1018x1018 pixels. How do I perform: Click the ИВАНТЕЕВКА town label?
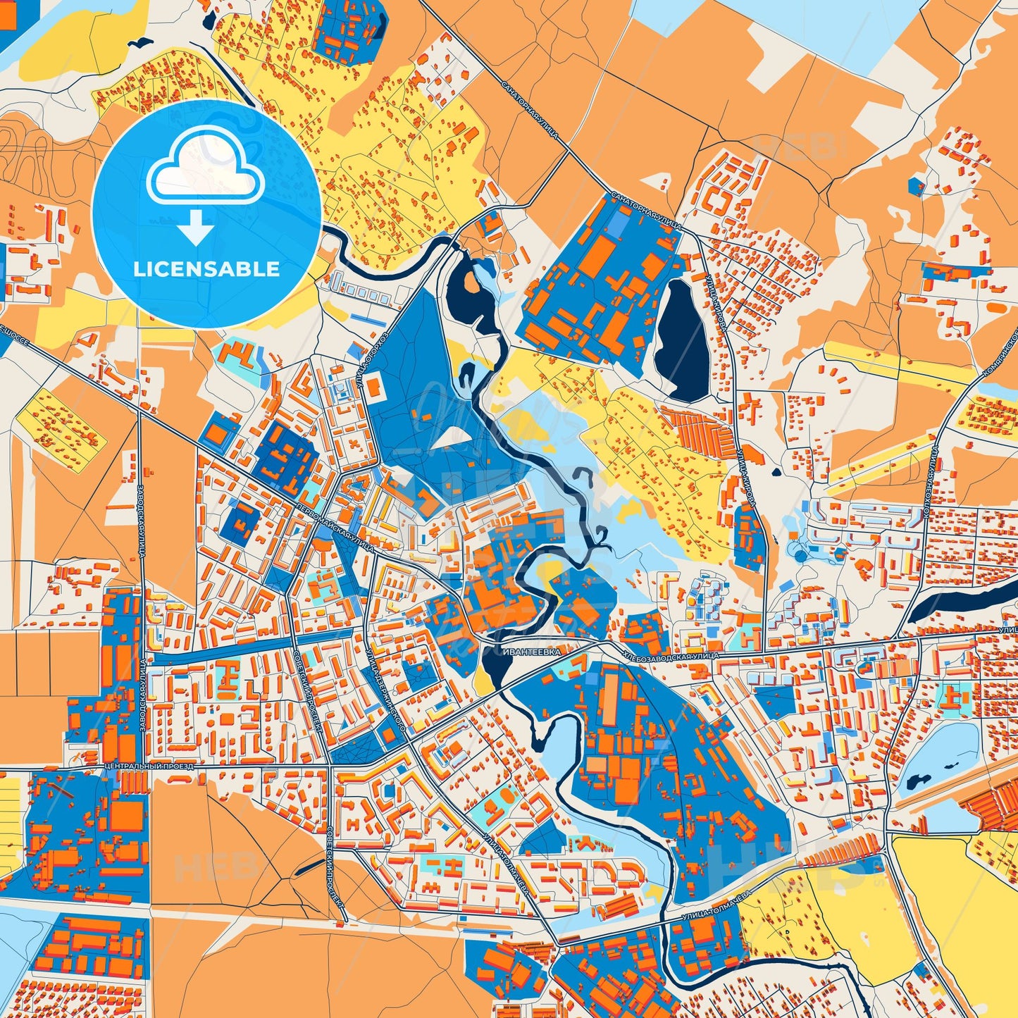click(533, 652)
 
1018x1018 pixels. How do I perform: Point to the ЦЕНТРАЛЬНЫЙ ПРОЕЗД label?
click(147, 764)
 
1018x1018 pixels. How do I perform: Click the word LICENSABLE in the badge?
click(207, 269)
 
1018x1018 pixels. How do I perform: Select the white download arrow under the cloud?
click(197, 227)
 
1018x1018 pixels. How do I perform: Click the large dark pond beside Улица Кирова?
click(681, 342)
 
